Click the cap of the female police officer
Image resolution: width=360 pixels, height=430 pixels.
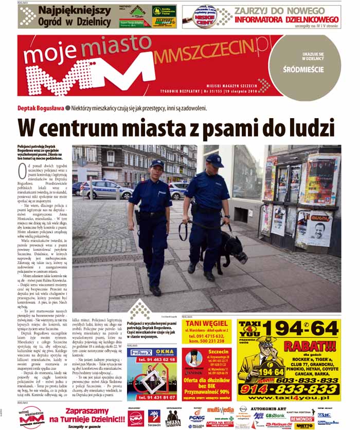click(x=157, y=163)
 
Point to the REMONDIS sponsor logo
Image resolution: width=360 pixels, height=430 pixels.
click(x=301, y=419)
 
